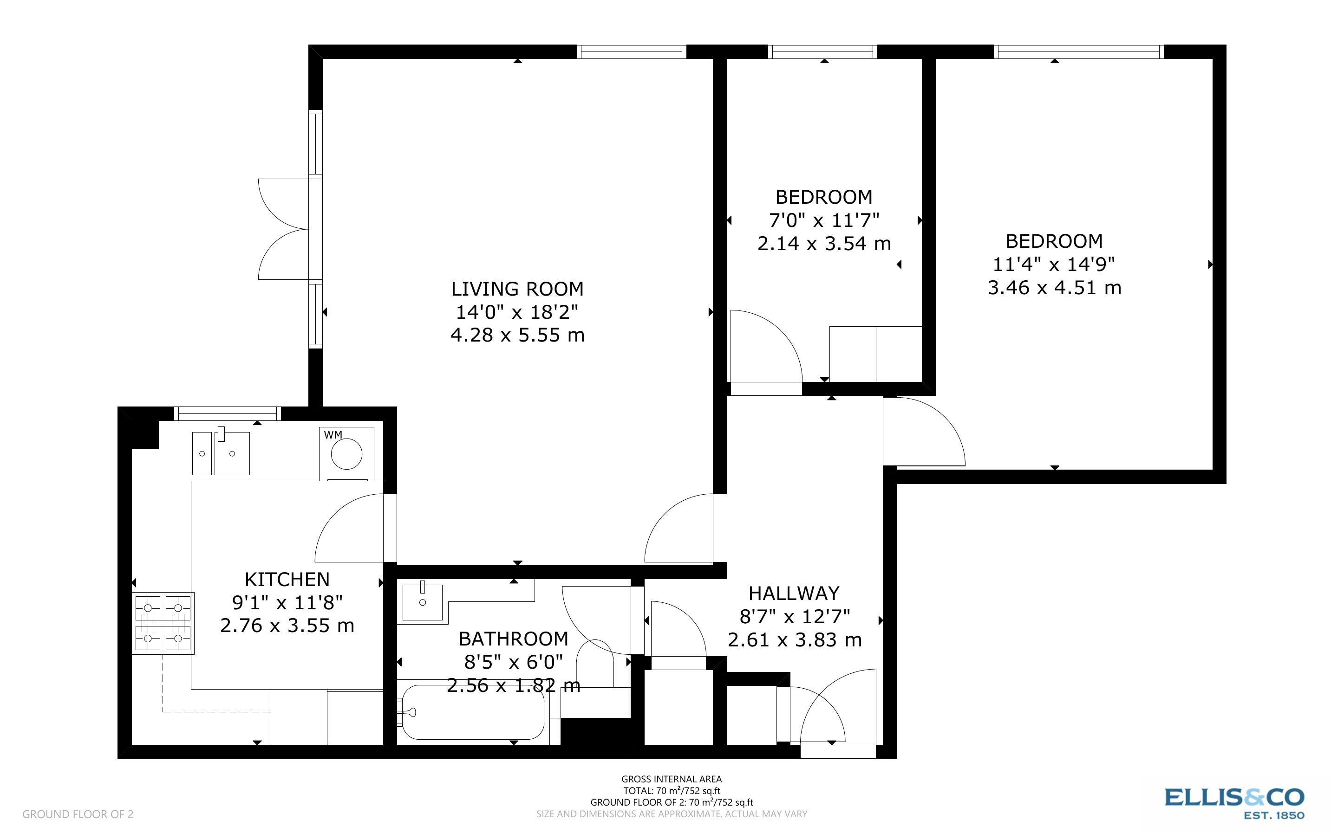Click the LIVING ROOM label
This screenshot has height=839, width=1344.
coord(517,289)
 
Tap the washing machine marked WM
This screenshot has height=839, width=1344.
coord(346,453)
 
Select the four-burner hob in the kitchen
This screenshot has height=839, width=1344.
coord(163,623)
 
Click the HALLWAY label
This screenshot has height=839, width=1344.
coord(794,594)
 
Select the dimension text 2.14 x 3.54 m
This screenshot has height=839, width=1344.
coord(824,244)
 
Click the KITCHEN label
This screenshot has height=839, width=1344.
coord(287,579)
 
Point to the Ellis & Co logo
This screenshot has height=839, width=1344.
coord(1234,802)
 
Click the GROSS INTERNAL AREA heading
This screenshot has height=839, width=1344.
coord(672,779)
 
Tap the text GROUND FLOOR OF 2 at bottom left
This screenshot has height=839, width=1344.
coord(78,814)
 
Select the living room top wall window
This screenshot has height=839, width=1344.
coord(632,52)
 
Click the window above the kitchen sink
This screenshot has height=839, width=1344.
coord(228,413)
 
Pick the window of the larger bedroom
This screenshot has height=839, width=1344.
coord(1078,52)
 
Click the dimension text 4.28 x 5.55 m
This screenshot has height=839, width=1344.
coord(517,335)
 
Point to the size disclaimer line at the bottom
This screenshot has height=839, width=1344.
coord(672,814)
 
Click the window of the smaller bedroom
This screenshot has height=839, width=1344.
coord(823,52)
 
